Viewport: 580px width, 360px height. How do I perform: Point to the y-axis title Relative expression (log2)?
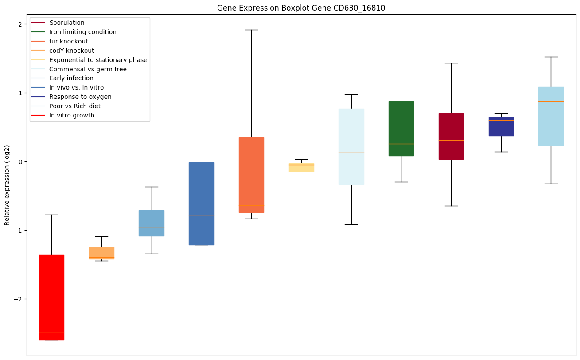pyautogui.click(x=7, y=185)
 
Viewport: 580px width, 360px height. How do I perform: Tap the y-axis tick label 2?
pyautogui.click(x=20, y=24)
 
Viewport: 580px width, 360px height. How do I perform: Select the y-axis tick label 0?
pyautogui.click(x=20, y=162)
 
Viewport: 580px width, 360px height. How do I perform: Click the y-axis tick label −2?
pyautogui.click(x=18, y=299)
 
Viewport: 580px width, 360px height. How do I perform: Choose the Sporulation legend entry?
pyautogui.click(x=67, y=23)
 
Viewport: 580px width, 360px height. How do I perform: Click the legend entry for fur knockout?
pyautogui.click(x=69, y=41)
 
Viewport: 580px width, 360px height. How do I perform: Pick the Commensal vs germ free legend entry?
pyautogui.click(x=88, y=69)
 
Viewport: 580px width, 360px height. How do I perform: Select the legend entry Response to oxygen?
pyautogui.click(x=80, y=97)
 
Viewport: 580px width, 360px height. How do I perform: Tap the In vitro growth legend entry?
pyautogui.click(x=72, y=115)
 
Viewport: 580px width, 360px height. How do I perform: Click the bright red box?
pyautogui.click(x=51, y=297)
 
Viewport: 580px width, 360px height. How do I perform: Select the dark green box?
pyautogui.click(x=401, y=129)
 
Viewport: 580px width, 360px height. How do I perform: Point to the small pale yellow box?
pyautogui.click(x=301, y=168)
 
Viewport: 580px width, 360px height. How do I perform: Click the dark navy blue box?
pyautogui.click(x=501, y=126)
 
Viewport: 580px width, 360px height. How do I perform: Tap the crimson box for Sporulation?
pyautogui.click(x=451, y=136)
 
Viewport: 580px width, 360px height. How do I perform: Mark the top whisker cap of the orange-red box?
pyautogui.click(x=251, y=30)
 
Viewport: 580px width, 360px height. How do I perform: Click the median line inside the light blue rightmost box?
pyautogui.click(x=551, y=101)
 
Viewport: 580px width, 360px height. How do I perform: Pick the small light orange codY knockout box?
pyautogui.click(x=101, y=253)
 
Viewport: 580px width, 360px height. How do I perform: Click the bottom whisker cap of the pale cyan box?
pyautogui.click(x=351, y=224)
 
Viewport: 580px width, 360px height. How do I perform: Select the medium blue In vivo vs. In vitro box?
pyautogui.click(x=202, y=203)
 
